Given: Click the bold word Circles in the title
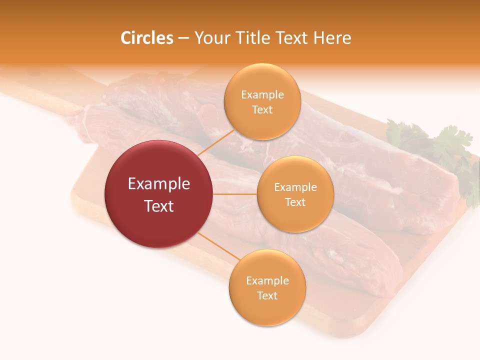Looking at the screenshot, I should (x=146, y=38).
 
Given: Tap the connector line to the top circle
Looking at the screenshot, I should (x=216, y=141).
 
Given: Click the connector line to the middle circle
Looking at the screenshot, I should (x=235, y=194).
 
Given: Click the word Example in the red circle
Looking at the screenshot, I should (x=159, y=184).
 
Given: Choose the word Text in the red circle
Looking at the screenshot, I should (x=159, y=206).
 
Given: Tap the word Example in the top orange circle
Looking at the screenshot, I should (x=262, y=95).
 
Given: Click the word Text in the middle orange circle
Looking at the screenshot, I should (x=295, y=202).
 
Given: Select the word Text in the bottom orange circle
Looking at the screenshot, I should (x=267, y=296).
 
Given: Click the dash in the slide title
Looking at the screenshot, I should (x=183, y=38).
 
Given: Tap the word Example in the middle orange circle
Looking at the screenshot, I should (x=295, y=187).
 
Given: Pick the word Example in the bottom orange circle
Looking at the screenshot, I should (x=267, y=281).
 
